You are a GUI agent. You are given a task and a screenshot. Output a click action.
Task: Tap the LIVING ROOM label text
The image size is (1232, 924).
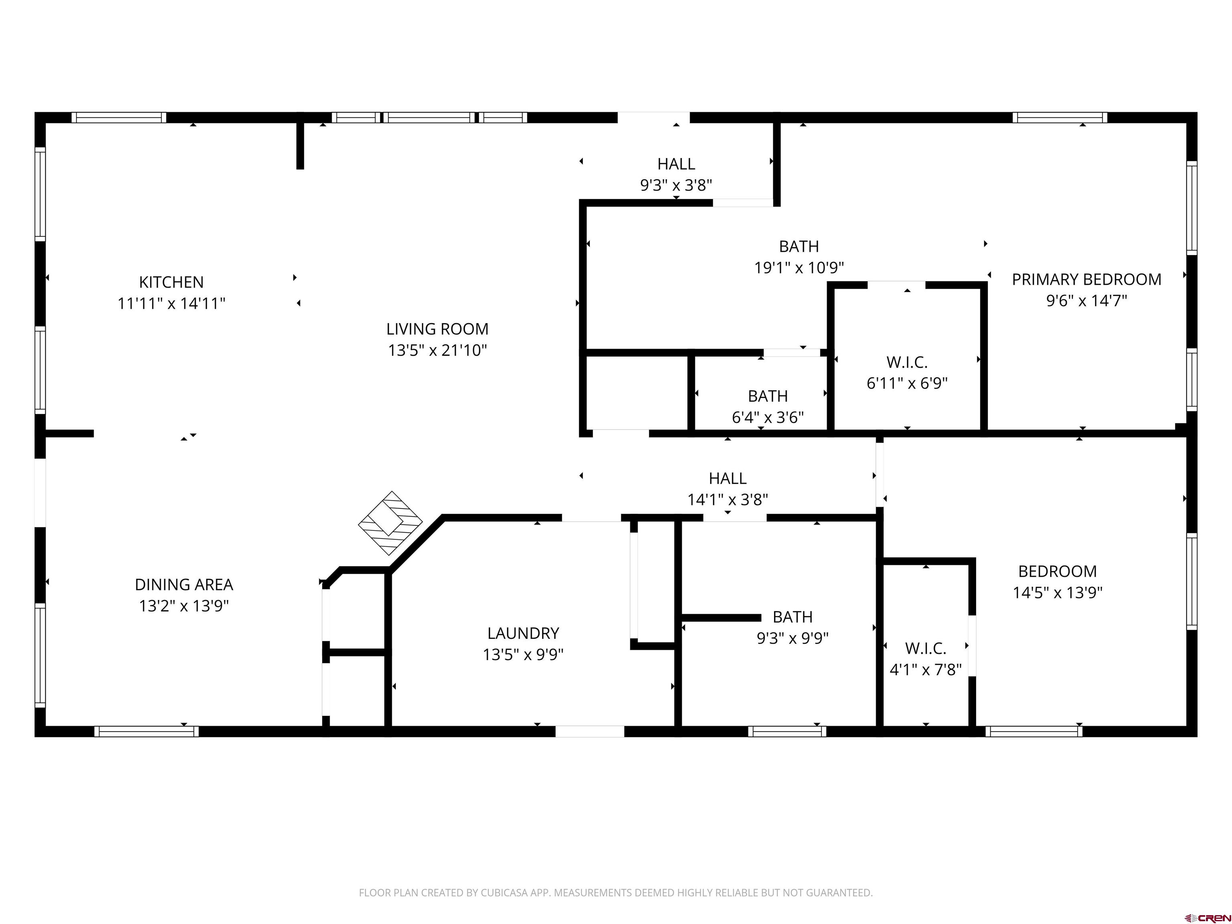coord(437,329)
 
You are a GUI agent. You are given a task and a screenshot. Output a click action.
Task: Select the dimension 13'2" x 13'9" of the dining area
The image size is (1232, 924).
coord(184,606)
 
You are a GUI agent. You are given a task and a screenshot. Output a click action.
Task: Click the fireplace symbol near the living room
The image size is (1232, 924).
coord(390,523)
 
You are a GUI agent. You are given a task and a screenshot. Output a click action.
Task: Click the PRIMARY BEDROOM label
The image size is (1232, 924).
coord(1086,280)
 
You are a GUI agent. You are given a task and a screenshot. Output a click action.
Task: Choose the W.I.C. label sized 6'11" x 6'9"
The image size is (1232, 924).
coord(907,363)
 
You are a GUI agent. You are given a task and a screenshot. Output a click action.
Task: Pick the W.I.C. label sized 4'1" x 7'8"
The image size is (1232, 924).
coord(925,648)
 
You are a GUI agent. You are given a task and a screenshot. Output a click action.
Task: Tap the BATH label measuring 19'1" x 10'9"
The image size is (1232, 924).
coord(799,246)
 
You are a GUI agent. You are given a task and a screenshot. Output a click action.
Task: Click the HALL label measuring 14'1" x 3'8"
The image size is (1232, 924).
coord(727,478)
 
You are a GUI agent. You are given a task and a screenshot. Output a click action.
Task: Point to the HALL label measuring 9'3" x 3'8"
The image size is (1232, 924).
coord(676,164)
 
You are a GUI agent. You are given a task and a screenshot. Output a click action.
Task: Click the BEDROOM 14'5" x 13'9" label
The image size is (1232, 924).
coord(1057,571)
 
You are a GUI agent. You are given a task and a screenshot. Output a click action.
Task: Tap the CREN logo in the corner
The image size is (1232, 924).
coord(1207,917)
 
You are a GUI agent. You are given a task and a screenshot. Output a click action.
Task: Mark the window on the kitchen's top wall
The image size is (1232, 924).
coord(119,118)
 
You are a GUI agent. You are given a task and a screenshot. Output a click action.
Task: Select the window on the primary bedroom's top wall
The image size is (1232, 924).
coord(1059,118)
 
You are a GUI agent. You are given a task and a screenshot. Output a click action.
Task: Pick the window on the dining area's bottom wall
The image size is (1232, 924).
coord(146,731)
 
